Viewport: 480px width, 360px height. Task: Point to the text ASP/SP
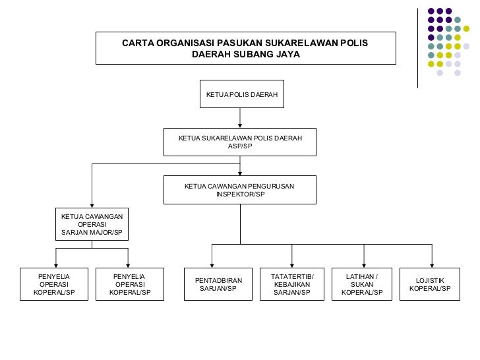click(240, 146)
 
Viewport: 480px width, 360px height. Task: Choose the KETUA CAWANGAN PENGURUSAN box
click(240, 190)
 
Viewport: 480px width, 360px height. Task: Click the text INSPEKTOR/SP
click(240, 195)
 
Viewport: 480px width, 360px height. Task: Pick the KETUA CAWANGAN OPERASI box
click(92, 224)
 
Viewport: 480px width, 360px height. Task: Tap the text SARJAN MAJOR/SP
click(92, 233)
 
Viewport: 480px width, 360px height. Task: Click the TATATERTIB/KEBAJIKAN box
click(293, 284)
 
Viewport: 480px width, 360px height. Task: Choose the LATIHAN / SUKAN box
click(363, 284)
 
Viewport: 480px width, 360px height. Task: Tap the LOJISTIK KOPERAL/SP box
click(431, 284)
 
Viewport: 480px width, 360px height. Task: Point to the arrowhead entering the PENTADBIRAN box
click(212, 264)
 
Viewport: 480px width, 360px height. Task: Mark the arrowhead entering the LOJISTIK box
click(432, 264)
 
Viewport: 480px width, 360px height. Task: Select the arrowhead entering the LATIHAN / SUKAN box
click(363, 264)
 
